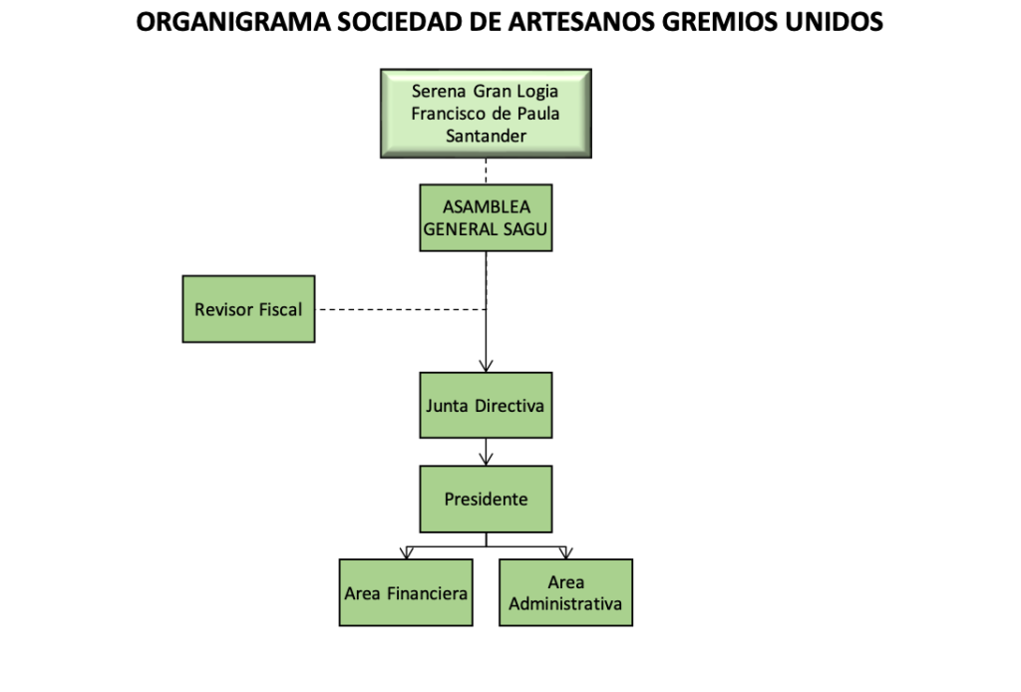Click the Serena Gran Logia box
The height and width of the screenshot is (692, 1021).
pos(486,114)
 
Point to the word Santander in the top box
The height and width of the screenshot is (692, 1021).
pos(486,136)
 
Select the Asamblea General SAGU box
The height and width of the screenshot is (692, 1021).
pos(486,218)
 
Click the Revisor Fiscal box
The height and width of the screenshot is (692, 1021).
pos(248,309)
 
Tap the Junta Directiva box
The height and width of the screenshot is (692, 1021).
pos(486,406)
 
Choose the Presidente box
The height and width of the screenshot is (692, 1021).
pos(486,500)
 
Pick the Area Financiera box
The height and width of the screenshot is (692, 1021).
pos(406,593)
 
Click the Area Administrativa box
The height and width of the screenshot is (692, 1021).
pos(566,593)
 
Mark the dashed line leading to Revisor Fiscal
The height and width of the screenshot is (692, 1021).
pos(401,310)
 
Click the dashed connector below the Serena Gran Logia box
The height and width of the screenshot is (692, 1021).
pos(486,172)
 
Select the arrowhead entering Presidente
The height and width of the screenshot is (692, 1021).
pos(486,459)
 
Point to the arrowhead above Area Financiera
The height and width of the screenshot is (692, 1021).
pos(407,552)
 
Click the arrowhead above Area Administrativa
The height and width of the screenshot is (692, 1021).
pos(566,552)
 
